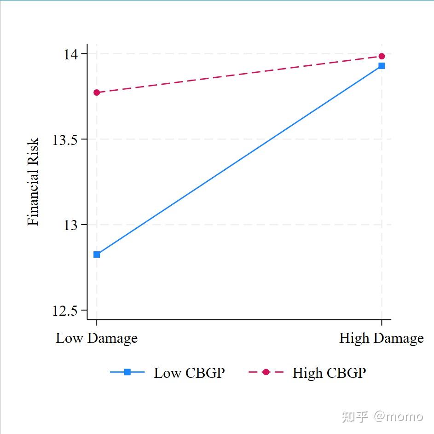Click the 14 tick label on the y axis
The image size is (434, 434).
(72, 54)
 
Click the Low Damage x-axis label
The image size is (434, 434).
(97, 339)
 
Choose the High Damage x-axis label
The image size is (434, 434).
(381, 339)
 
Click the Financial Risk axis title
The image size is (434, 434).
(33, 182)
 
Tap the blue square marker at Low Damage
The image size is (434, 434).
(97, 255)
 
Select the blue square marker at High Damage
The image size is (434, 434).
(382, 66)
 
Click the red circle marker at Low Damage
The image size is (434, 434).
(97, 93)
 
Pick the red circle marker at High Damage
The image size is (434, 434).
(382, 56)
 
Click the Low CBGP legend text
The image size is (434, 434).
(189, 373)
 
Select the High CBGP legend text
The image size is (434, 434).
(329, 373)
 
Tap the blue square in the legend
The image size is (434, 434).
(127, 372)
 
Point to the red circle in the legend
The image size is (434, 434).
(266, 372)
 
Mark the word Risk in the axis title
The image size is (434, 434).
(33, 149)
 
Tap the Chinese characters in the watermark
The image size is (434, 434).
(355, 417)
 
